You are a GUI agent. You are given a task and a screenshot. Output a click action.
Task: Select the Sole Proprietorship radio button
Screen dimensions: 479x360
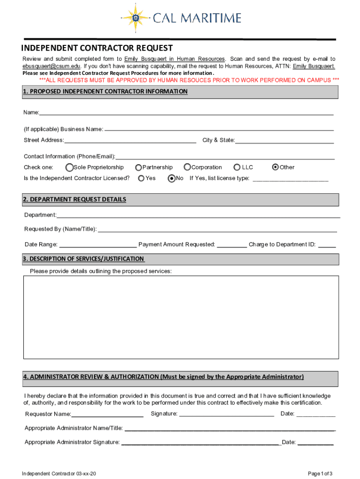[70, 167]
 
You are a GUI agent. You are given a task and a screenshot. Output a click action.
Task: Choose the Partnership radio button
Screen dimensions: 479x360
[139, 167]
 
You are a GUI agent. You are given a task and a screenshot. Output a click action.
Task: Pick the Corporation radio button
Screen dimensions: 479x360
[187, 167]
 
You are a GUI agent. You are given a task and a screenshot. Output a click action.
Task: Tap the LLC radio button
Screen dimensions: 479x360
[238, 167]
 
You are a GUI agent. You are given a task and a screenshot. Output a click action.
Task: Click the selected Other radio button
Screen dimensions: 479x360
[275, 167]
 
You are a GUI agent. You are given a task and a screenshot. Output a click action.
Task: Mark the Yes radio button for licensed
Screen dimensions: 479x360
[141, 178]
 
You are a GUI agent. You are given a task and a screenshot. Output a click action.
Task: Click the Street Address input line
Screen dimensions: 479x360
[130, 141]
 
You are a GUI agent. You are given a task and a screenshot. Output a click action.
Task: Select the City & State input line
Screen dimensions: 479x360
[284, 141]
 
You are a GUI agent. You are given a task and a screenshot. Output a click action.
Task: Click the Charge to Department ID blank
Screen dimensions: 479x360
[327, 245]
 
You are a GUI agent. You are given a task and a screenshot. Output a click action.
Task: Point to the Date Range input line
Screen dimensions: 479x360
[98, 245]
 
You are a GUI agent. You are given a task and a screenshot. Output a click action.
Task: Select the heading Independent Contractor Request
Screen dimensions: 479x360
[97, 48]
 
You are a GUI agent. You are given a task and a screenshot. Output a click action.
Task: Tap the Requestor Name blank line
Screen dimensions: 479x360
[108, 414]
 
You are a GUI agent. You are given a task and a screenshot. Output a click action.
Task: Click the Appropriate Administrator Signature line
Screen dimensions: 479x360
[201, 443]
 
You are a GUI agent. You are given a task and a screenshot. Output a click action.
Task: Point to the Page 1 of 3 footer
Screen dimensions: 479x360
[321, 473]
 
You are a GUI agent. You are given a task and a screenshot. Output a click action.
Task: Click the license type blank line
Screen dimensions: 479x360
[290, 179]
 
